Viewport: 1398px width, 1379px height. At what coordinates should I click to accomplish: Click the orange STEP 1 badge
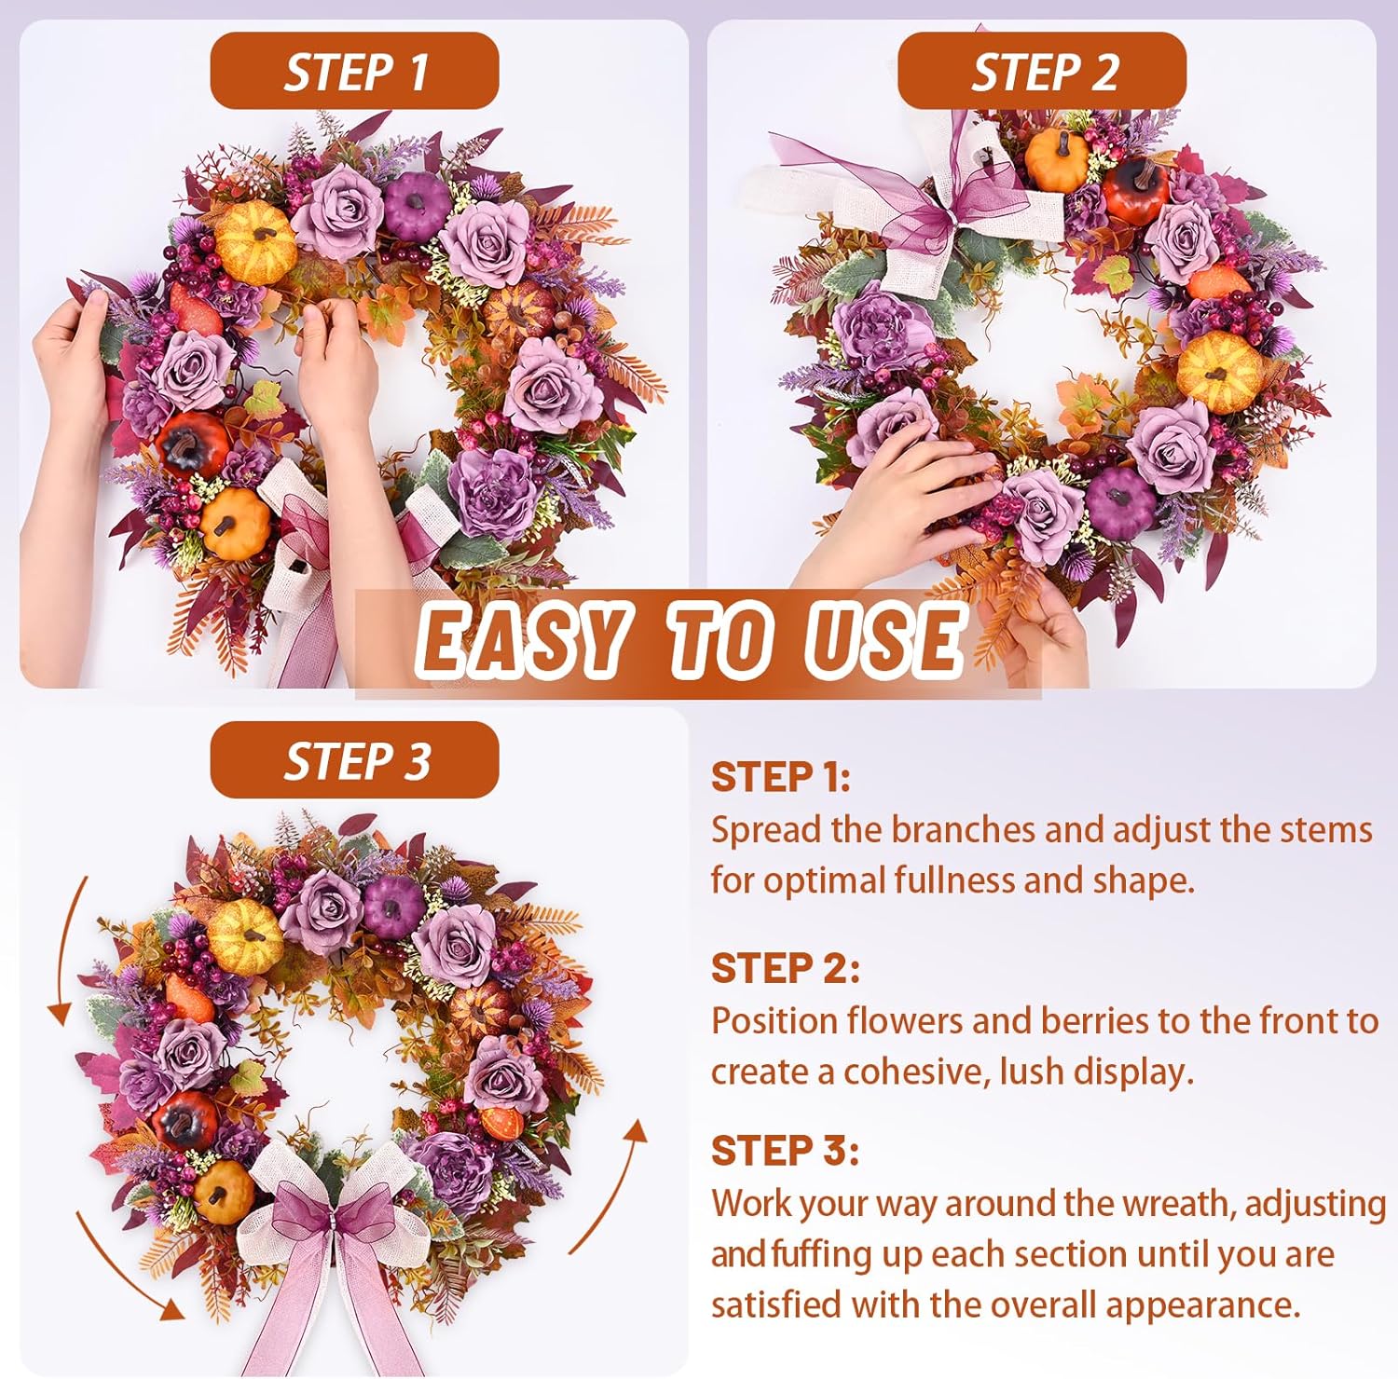[354, 71]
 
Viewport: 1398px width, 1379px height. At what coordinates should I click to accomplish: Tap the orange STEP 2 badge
[1042, 71]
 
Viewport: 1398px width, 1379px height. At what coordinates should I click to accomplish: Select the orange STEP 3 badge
[354, 759]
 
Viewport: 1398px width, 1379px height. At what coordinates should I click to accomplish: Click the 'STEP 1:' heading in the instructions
[781, 777]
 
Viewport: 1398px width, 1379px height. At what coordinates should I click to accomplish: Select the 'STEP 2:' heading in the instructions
[785, 969]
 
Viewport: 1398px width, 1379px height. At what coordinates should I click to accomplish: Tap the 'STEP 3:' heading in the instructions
[785, 1152]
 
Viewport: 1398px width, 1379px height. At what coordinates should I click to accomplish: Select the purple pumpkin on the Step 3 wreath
[392, 907]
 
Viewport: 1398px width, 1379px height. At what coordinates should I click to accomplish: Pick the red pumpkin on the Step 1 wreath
[191, 444]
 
